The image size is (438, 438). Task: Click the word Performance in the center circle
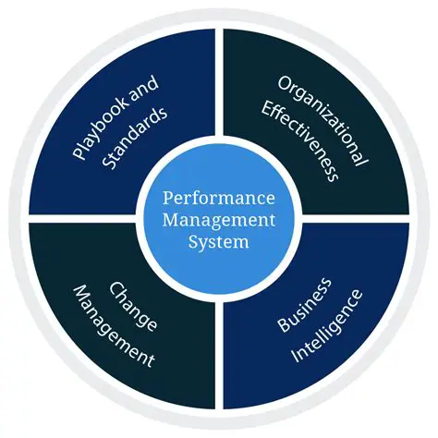tap(218, 199)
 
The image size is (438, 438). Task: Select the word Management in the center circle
tap(218, 221)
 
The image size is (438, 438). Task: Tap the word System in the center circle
tap(218, 243)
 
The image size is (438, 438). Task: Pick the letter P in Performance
tap(168, 199)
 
